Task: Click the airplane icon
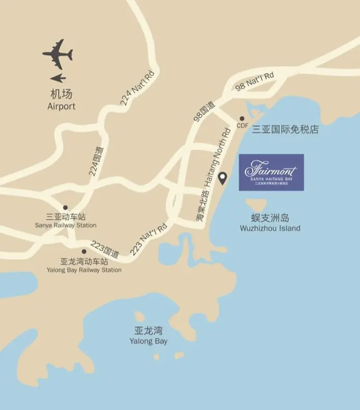(57, 53)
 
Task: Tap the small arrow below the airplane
(59, 78)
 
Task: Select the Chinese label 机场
(61, 94)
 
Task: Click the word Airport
(61, 106)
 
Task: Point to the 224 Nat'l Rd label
(138, 89)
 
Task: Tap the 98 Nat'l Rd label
(254, 82)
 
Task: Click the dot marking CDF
(242, 118)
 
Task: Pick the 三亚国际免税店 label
(285, 130)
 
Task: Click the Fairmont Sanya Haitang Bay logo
(271, 172)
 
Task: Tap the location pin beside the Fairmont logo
(223, 178)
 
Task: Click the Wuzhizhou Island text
(270, 228)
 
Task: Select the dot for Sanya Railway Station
(65, 207)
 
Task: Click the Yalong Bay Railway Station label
(84, 270)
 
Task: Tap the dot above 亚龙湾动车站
(84, 251)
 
